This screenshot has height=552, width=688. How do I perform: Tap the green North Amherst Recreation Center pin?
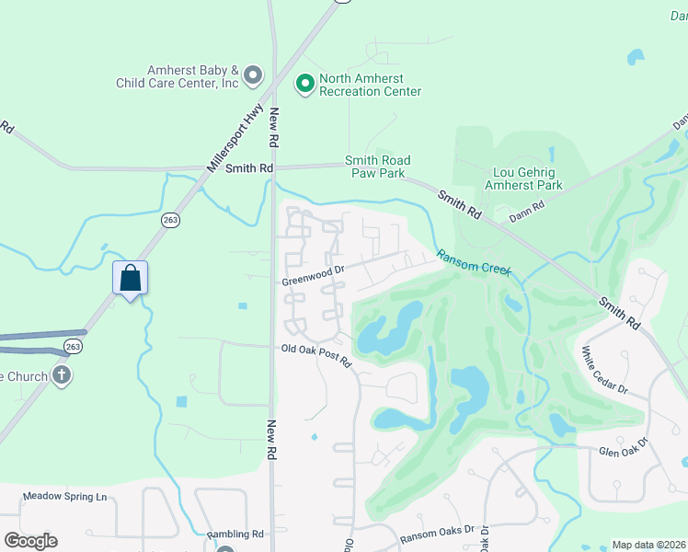pyautogui.click(x=304, y=85)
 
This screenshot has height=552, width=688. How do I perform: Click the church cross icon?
pyautogui.click(x=62, y=375)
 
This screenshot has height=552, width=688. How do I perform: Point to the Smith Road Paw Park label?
pyautogui.click(x=377, y=167)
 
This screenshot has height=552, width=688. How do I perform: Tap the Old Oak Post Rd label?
pyautogui.click(x=316, y=355)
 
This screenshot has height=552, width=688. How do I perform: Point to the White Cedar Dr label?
pyautogui.click(x=604, y=371)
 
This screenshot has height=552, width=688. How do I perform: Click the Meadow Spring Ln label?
pyautogui.click(x=65, y=497)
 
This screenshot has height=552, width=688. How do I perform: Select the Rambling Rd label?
pyautogui.click(x=235, y=534)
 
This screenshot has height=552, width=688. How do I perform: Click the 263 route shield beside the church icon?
pyautogui.click(x=74, y=346)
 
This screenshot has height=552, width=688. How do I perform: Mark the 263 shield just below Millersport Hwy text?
pyautogui.click(x=170, y=220)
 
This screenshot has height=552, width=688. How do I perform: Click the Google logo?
pyautogui.click(x=30, y=541)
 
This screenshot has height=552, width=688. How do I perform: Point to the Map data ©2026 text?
pyautogui.click(x=648, y=545)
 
